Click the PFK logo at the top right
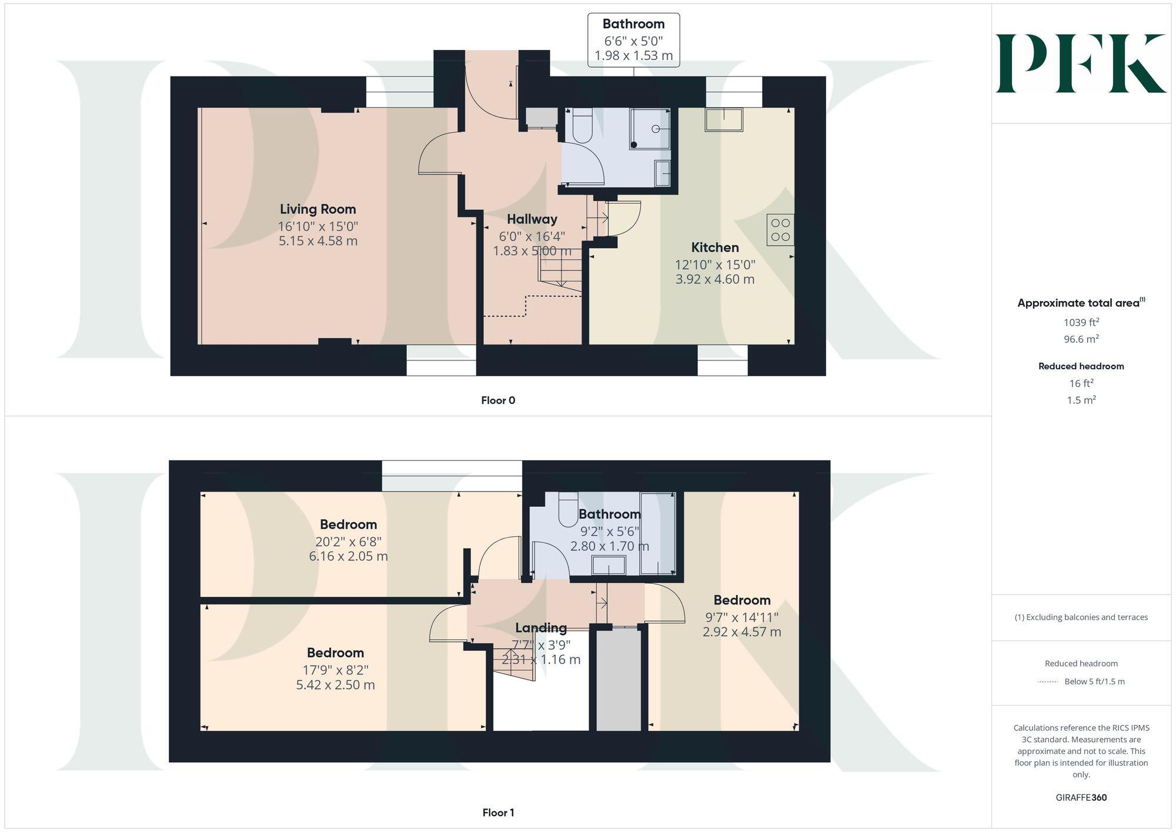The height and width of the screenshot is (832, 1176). coord(1081,64)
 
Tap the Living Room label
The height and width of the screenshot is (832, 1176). coord(318,209)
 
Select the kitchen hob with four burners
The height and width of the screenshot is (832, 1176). coord(780,229)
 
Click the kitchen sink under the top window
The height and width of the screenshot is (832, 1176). coord(724,120)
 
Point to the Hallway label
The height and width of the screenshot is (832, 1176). coord(532,219)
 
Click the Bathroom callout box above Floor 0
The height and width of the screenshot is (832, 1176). coord(633,40)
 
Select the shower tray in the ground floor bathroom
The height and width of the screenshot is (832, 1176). coord(649,129)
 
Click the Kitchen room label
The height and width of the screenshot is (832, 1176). coord(714,248)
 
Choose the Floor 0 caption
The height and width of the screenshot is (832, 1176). coord(497,400)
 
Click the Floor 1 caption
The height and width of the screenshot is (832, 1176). coord(497,813)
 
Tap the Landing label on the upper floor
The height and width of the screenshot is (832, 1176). coord(540,628)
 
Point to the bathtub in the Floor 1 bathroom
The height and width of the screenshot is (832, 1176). coord(657,533)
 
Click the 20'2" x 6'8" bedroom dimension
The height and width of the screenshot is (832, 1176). coord(348,541)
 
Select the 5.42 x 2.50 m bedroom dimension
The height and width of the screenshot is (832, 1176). coord(335,684)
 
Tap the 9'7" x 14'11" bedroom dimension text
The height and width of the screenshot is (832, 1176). coord(741,617)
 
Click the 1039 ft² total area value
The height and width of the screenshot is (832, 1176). coord(1081,322)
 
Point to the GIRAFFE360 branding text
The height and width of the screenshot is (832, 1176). coord(1081,797)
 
